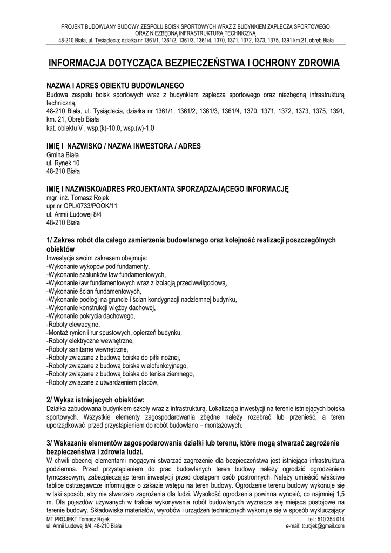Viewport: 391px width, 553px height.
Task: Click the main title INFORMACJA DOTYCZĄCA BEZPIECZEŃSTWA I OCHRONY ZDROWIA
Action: [195, 64]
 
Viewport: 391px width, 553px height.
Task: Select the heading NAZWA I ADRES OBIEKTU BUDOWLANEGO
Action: [116, 86]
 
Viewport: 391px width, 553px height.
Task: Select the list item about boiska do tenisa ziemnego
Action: [120, 374]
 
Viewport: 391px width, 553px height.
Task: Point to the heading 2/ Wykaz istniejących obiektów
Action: [96, 399]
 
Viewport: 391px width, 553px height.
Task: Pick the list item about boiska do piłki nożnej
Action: [113, 358]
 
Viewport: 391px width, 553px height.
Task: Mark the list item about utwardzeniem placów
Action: [103, 382]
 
